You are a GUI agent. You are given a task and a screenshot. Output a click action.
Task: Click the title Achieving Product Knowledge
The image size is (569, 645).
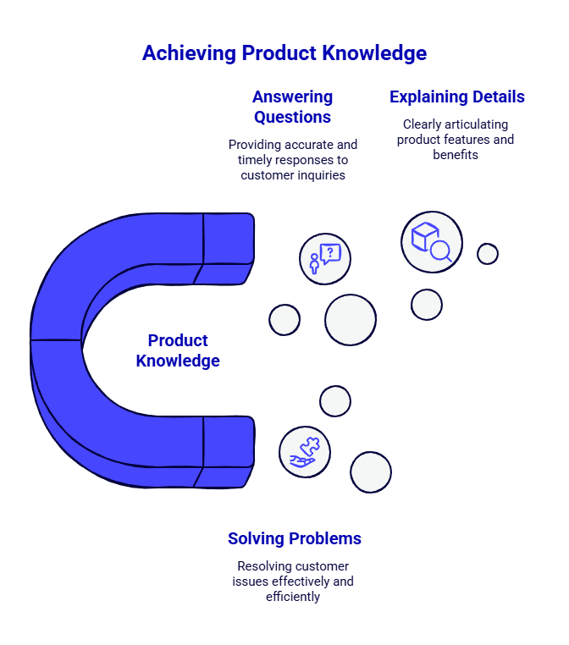(x=284, y=53)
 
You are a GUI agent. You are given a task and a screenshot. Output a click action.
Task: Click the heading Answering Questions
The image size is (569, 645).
(x=292, y=107)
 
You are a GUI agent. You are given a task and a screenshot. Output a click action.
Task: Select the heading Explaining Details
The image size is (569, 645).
(x=457, y=97)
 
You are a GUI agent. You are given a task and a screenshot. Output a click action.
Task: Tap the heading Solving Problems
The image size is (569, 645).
(x=295, y=538)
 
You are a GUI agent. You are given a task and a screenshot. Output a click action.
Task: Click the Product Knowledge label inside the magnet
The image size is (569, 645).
(x=178, y=350)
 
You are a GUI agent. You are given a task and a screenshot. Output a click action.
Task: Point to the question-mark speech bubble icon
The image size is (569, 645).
(x=325, y=258)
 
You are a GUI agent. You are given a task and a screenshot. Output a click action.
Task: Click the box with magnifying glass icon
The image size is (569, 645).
(x=432, y=242)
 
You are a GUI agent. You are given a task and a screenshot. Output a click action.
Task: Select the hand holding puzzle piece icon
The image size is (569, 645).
(x=305, y=452)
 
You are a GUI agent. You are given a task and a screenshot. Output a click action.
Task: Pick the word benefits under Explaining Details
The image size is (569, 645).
(x=456, y=155)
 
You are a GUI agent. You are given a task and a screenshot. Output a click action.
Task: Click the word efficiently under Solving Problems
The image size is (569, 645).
(x=293, y=597)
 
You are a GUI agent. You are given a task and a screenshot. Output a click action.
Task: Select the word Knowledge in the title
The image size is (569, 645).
(x=374, y=53)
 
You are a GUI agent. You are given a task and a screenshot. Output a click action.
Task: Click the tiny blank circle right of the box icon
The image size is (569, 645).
(x=488, y=254)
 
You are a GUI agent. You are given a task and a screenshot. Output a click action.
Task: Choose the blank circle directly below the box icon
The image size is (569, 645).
(x=427, y=305)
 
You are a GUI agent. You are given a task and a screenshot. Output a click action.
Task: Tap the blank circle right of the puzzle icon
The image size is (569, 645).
(x=371, y=472)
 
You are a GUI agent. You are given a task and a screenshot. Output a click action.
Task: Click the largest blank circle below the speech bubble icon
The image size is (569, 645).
(x=351, y=320)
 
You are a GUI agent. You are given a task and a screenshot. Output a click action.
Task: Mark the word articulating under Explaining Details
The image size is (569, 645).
(x=471, y=124)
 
